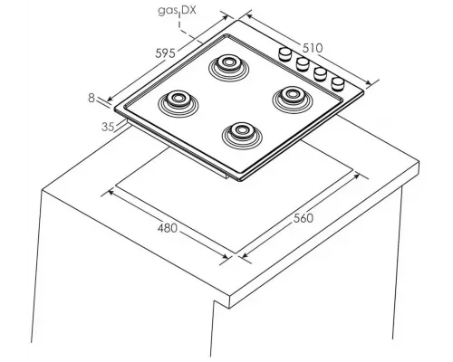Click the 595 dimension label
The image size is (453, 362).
[165, 53]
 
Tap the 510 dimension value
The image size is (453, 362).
[313, 48]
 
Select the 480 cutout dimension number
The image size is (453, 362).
[168, 228]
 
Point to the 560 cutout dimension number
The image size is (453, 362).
[304, 218]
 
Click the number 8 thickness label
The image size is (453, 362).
[92, 98]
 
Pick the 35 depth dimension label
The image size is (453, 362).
[108, 127]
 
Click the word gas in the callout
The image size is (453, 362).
[168, 11]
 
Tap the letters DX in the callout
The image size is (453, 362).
[189, 10]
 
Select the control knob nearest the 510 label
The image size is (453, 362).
[284, 54]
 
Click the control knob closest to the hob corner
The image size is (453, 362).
[338, 84]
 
